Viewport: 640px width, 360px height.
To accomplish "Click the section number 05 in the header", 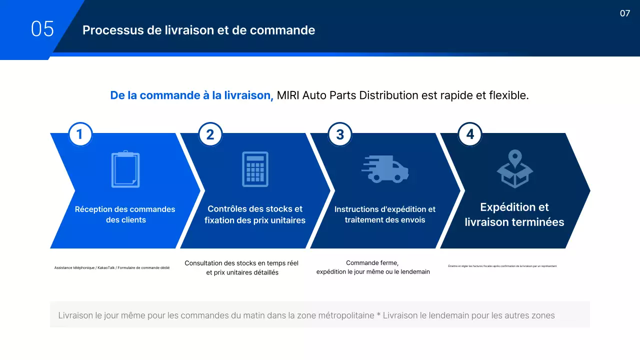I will pos(42,29).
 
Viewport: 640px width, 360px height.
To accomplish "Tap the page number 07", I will pos(625,13).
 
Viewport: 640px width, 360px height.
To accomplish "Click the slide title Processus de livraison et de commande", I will pos(198,30).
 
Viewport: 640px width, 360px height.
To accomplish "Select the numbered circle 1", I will pos(80,134).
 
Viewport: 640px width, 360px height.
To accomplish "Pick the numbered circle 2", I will pos(210,134).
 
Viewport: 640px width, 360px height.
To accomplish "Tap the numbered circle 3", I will pos(340,134).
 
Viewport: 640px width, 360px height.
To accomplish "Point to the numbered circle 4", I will pos(470,134).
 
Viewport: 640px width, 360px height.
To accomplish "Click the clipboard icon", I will pos(125,169).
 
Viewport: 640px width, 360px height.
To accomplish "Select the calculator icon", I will pos(255,169).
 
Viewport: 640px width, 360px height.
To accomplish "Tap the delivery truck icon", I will pos(385,169).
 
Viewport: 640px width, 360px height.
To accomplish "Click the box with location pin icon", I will pos(514,169).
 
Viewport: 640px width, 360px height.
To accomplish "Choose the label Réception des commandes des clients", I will pos(125,214).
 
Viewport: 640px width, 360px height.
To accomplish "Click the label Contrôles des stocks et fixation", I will pos(255,214).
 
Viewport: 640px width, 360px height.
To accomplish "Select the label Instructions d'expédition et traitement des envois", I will pos(385,214).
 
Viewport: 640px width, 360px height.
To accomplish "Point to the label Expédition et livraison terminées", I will pos(514,214).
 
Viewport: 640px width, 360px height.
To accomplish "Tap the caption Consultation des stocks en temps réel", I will pos(241,263).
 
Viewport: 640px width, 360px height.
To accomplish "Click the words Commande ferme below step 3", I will pos(372,263).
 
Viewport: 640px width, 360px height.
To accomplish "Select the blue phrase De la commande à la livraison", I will pos(191,95).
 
